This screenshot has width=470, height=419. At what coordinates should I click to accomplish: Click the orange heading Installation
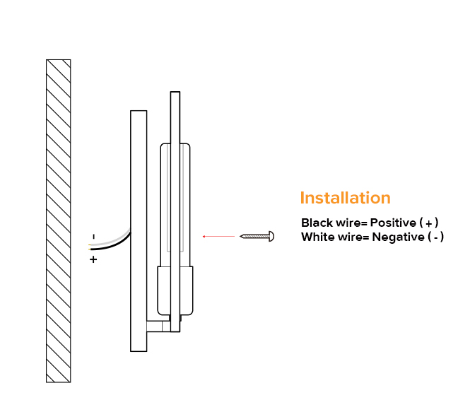[x=345, y=198]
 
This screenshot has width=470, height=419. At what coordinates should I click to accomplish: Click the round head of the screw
[x=271, y=236]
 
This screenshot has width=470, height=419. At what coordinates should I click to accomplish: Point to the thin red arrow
[x=218, y=236]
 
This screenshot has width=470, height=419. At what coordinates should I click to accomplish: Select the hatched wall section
[x=58, y=220]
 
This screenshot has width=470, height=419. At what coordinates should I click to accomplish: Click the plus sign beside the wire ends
[x=93, y=259]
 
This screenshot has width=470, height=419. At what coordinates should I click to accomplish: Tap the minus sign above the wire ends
[x=93, y=236]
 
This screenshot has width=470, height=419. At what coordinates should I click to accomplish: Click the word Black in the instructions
[x=316, y=223]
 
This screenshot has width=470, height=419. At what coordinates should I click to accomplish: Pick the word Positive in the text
[x=393, y=223]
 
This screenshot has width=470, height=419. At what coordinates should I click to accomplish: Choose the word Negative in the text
[x=396, y=237]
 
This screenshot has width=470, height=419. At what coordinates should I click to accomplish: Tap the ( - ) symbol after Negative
[x=436, y=237]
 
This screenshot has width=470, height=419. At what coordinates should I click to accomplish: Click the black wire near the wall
[x=113, y=244]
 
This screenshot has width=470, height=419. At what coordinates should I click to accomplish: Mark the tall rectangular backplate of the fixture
[x=139, y=230]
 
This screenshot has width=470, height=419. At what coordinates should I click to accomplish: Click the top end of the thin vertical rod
[x=175, y=95]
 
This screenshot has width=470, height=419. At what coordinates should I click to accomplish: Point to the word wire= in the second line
[x=353, y=237]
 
